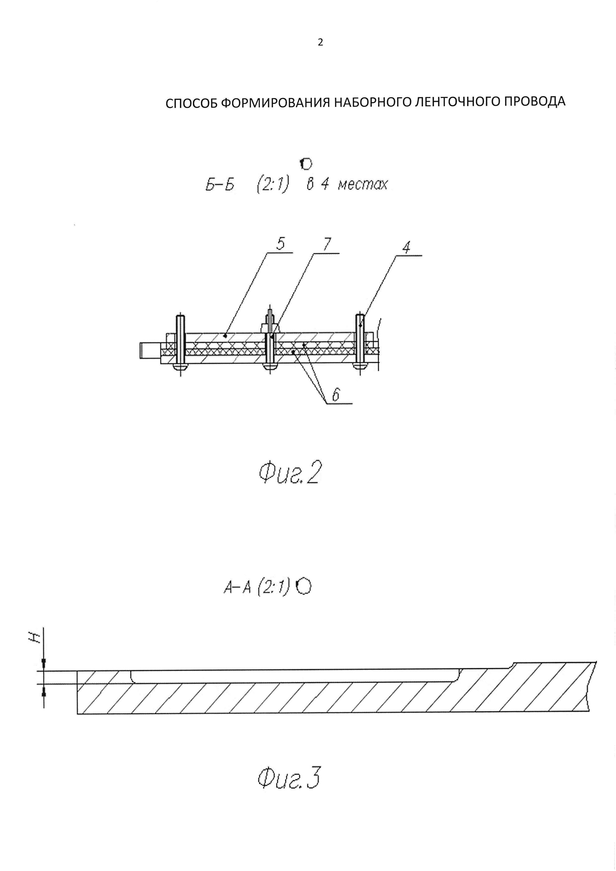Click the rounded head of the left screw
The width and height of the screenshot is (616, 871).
click(x=180, y=367)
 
